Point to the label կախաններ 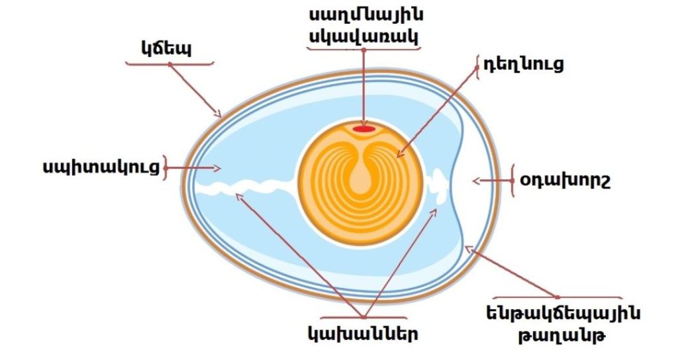(x=362, y=333)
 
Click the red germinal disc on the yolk (x=363, y=129)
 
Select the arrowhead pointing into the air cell (x=476, y=180)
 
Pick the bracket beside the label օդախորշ (x=513, y=180)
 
